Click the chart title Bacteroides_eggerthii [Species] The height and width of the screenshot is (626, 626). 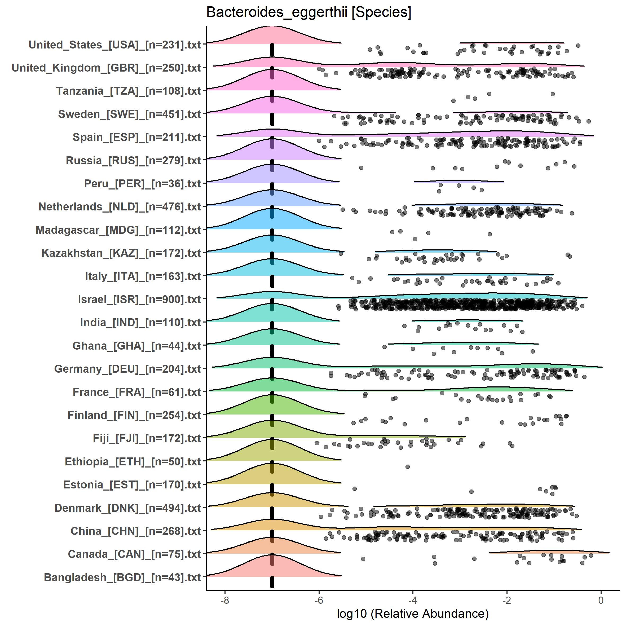(308, 13)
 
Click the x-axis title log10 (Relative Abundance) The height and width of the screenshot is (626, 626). (412, 613)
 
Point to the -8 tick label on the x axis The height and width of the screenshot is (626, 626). (224, 600)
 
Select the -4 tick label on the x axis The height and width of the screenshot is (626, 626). (412, 600)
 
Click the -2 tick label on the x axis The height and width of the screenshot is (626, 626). (506, 600)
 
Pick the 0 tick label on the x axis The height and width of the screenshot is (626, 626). (601, 600)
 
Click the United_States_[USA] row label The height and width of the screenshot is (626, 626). (115, 45)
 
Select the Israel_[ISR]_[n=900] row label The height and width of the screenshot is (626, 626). (139, 299)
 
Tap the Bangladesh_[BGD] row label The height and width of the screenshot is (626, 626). (122, 577)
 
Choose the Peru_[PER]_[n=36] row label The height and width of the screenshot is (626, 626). (143, 184)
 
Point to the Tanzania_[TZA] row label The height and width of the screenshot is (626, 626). (128, 91)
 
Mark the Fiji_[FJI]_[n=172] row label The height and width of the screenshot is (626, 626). (147, 438)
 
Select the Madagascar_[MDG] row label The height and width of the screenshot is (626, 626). (118, 230)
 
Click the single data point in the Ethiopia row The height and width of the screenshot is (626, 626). (408, 466)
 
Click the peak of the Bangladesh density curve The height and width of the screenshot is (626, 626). (272, 554)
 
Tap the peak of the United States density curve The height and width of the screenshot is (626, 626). (272, 26)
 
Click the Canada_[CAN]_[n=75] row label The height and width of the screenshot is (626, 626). (134, 554)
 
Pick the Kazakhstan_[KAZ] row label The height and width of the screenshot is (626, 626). (121, 253)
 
